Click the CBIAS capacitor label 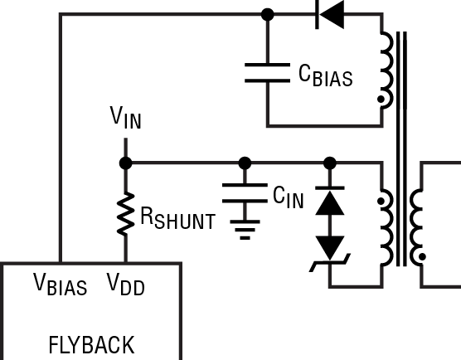tap(325, 75)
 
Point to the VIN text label tap(125, 118)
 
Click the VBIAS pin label tap(61, 285)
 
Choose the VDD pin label tap(125, 285)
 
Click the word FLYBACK tap(91, 343)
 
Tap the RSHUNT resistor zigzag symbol tap(125, 213)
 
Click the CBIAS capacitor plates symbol tap(267, 73)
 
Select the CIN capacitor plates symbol tap(245, 193)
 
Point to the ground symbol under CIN tap(245, 228)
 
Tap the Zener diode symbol tap(330, 249)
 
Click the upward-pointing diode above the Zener tap(330, 204)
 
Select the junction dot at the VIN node tap(125, 162)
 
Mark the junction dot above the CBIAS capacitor tap(267, 14)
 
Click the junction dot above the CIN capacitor tap(245, 162)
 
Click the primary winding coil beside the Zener tap(386, 224)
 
